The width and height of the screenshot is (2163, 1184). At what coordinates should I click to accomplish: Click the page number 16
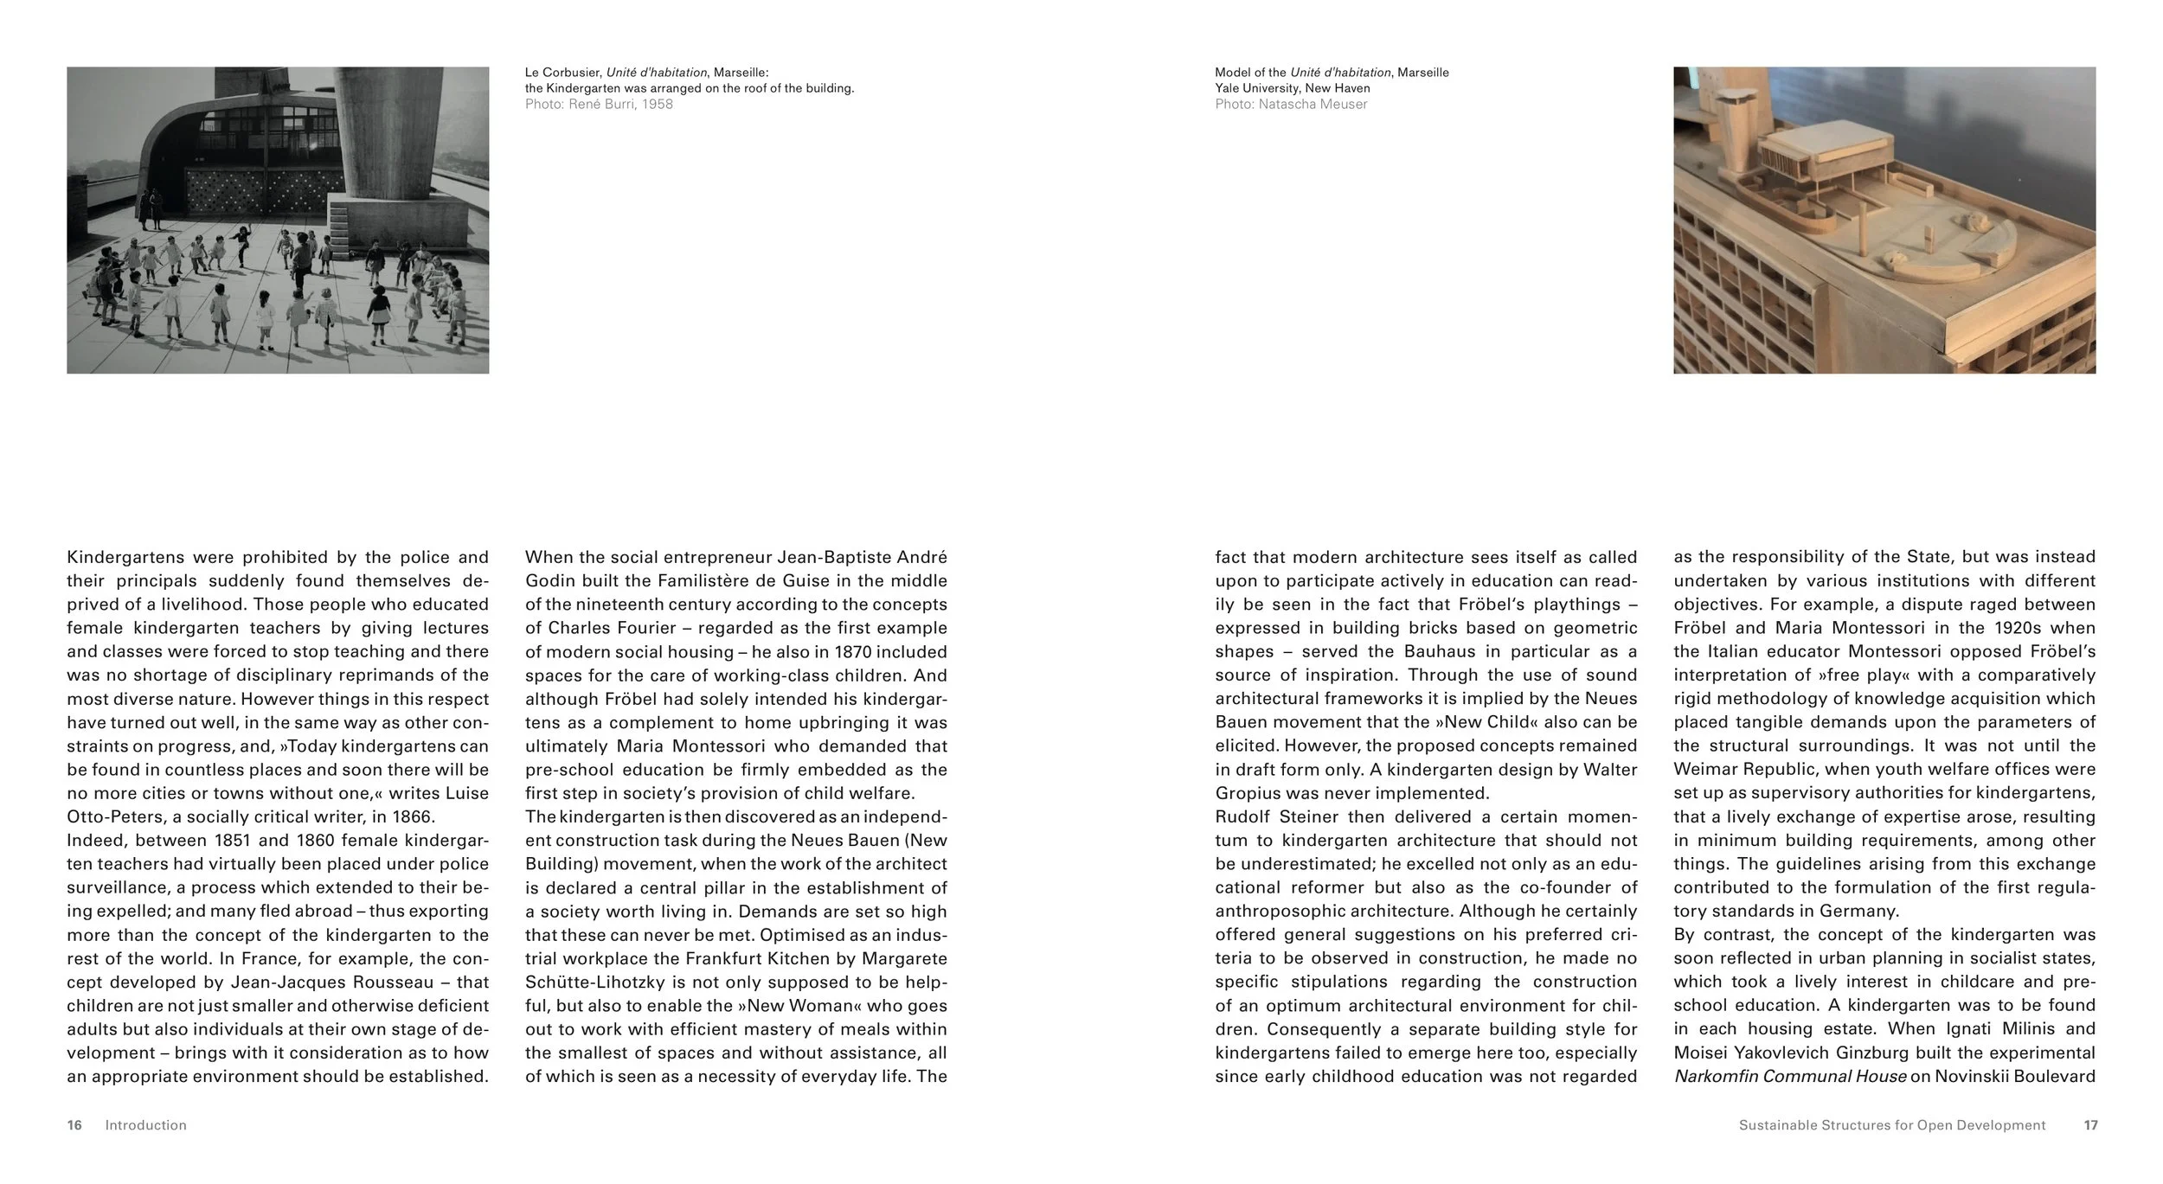point(74,1125)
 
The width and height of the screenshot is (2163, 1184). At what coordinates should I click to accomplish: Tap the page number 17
point(2090,1125)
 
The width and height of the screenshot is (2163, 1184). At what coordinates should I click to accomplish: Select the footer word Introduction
point(145,1125)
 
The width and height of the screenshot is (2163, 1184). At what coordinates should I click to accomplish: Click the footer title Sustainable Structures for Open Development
point(1892,1125)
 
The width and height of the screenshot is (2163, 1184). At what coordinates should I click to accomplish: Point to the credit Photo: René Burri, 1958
point(599,105)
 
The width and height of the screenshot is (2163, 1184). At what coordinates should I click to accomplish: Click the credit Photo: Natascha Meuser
point(1291,105)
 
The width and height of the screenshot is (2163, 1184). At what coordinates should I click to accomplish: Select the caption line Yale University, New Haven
point(1292,88)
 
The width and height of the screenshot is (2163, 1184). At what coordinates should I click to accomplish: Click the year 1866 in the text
point(414,816)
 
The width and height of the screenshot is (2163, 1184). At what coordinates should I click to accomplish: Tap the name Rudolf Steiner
point(1275,816)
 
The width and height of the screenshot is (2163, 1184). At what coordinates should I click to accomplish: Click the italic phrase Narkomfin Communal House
point(1790,1077)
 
